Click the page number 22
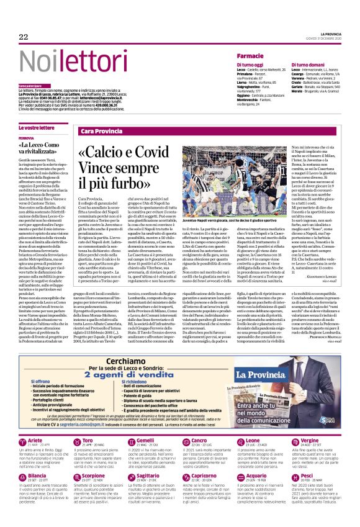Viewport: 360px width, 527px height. pos(23,37)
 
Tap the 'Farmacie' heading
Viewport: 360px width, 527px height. pos(250,56)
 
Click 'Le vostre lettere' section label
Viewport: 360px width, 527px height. pos(32,127)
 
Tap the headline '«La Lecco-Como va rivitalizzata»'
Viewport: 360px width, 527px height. pos(43,148)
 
